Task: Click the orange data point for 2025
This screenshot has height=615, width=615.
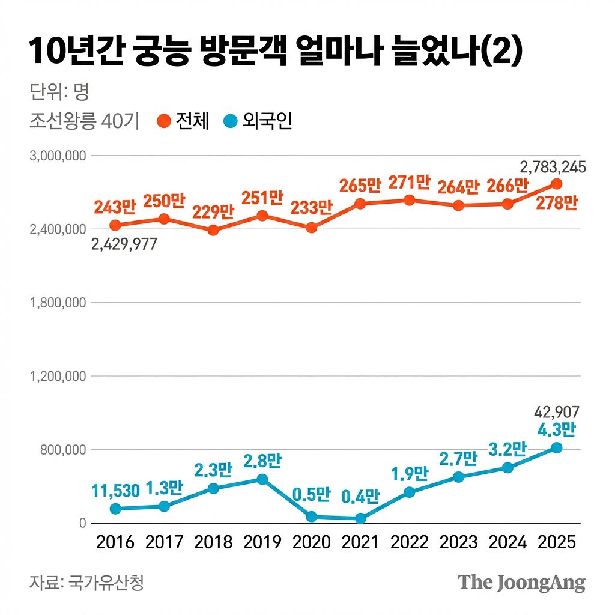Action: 556,184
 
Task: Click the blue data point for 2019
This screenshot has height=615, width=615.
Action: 262,479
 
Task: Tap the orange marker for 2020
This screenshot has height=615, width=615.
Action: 311,228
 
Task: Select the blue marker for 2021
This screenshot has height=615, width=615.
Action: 360,518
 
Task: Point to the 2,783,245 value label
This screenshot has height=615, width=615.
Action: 553,168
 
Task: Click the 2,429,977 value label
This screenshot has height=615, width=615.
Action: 124,244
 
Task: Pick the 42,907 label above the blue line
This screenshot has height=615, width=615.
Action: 557,412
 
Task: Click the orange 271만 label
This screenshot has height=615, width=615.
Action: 410,182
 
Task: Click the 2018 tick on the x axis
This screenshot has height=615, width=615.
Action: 213,542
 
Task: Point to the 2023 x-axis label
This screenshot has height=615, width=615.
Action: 458,542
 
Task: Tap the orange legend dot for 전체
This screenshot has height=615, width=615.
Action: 163,121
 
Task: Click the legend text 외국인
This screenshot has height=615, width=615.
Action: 267,121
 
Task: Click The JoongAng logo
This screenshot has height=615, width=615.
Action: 521,582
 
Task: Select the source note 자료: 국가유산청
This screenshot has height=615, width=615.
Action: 87,582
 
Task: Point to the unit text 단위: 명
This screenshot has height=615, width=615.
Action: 59,92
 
